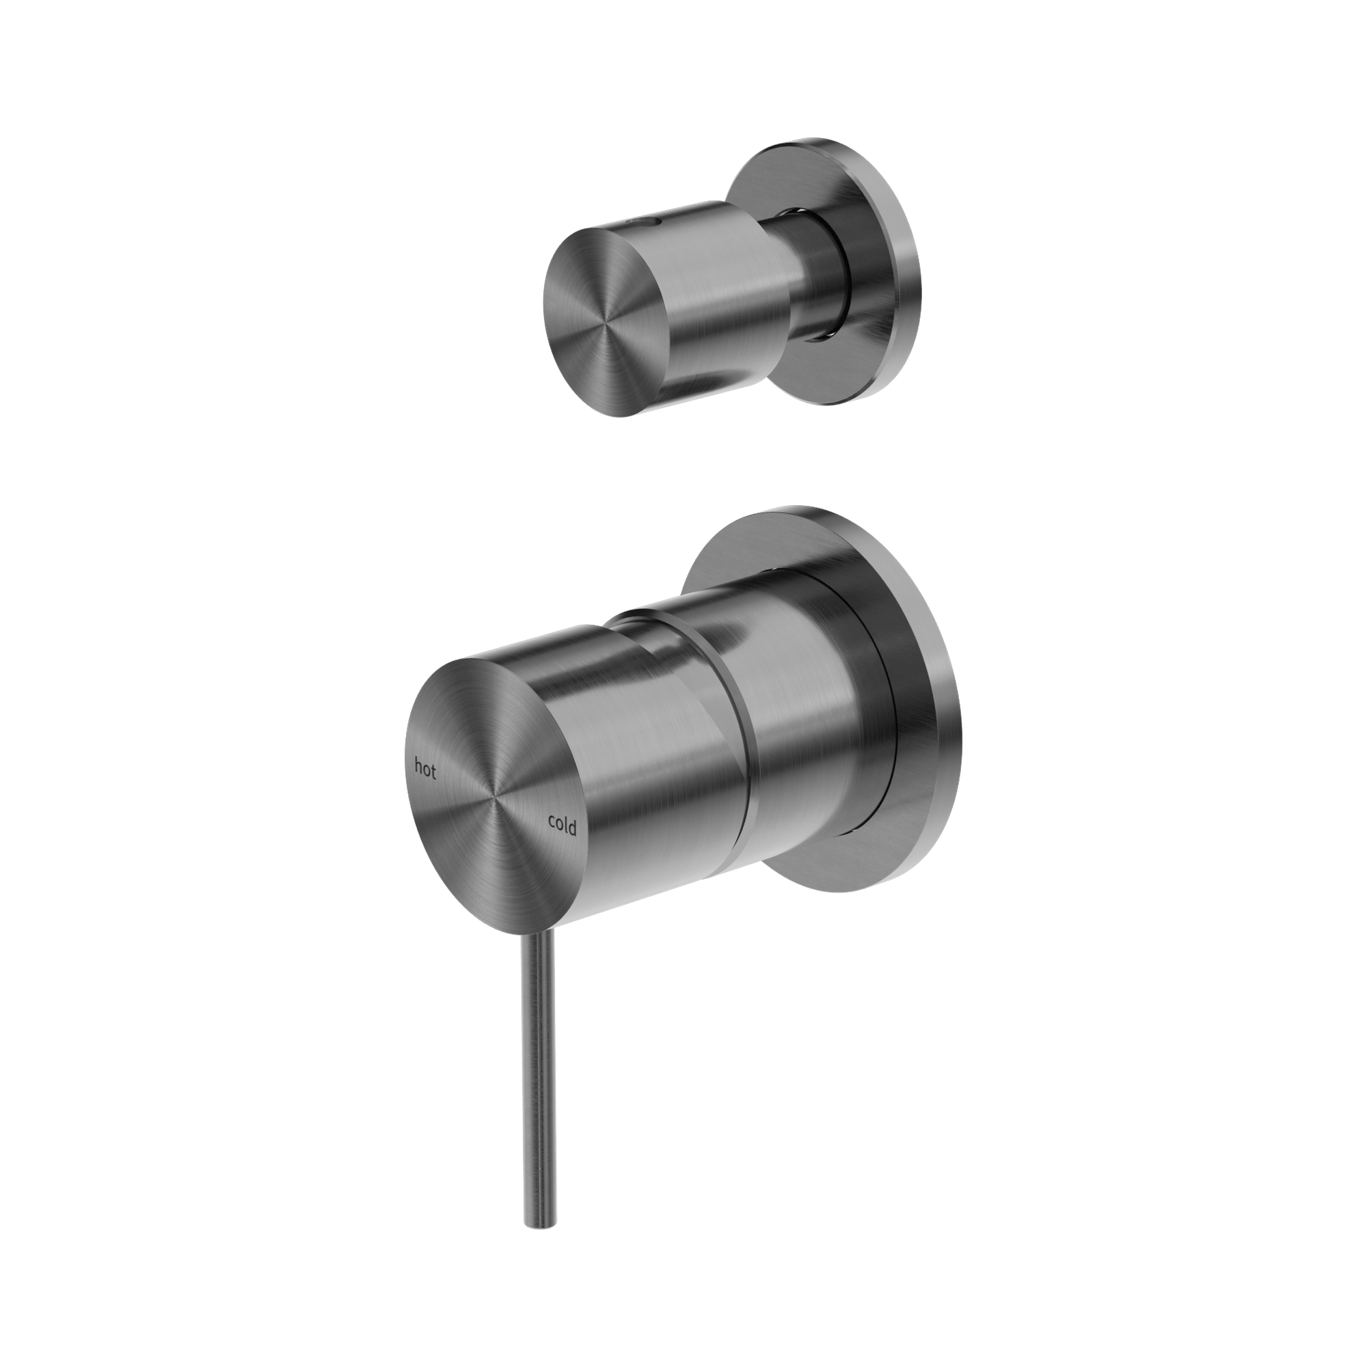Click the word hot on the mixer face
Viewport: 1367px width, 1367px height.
pyautogui.click(x=424, y=768)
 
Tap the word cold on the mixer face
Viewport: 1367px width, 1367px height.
pyautogui.click(x=562, y=824)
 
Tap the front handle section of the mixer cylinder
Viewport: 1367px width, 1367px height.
pyautogui.click(x=658, y=779)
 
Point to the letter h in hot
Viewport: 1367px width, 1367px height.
pyautogui.click(x=418, y=765)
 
